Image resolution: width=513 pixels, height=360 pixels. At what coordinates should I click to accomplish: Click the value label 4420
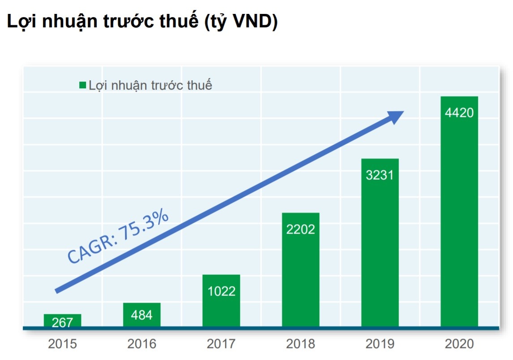pyautogui.click(x=459, y=113)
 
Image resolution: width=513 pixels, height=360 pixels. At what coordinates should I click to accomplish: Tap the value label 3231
pyautogui.click(x=380, y=175)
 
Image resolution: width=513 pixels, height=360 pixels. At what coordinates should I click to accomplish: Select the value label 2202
pyautogui.click(x=301, y=229)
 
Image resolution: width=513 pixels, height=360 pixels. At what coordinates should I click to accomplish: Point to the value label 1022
pyautogui.click(x=221, y=291)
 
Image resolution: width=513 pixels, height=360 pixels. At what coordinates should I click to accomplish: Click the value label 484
pyautogui.click(x=142, y=315)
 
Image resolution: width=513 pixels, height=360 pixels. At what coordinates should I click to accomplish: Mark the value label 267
pyautogui.click(x=62, y=322)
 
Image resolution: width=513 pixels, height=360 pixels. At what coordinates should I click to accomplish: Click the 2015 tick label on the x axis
pyautogui.click(x=62, y=344)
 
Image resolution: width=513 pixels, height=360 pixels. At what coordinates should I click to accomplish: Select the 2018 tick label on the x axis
pyautogui.click(x=301, y=344)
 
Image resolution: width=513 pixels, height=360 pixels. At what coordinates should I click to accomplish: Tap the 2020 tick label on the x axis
pyautogui.click(x=459, y=344)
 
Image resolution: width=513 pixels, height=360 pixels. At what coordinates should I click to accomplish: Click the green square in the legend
pyautogui.click(x=82, y=85)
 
